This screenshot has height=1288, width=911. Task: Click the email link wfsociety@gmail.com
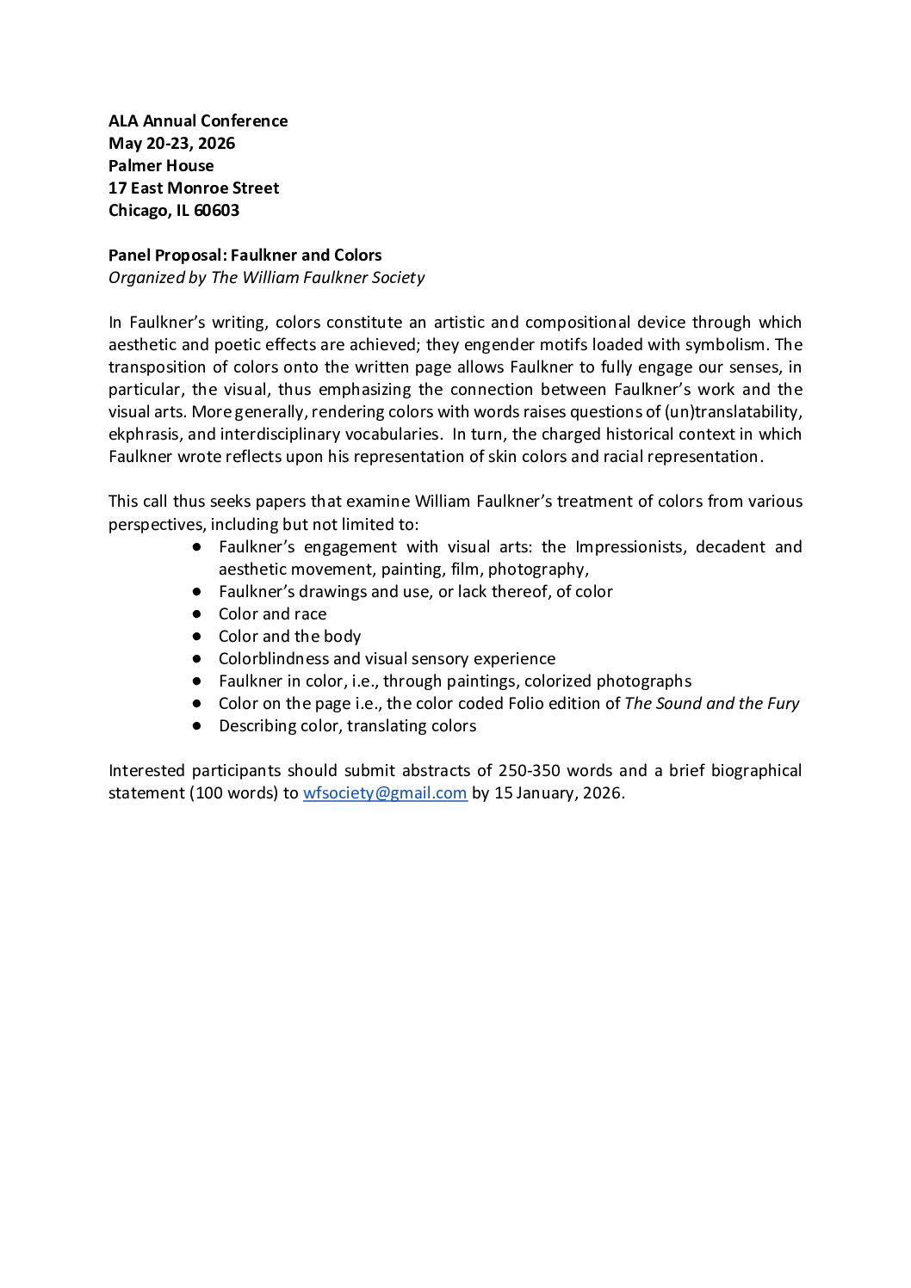pos(385,793)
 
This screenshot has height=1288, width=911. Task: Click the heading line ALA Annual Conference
pos(198,121)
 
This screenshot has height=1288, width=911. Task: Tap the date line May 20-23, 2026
pos(171,144)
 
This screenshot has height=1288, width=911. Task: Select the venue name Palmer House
pos(161,166)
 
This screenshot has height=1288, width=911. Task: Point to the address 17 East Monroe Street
pos(194,188)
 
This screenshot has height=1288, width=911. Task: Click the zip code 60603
pos(216,211)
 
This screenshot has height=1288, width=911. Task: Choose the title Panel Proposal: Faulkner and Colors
pos(245,256)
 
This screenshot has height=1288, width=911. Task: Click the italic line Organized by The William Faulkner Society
pos(266,278)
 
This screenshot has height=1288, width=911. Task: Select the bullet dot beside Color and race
pos(197,614)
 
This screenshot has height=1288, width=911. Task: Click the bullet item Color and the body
pos(289,637)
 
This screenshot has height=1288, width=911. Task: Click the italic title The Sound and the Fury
pos(711,704)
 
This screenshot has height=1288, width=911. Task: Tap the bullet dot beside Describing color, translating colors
pos(197,726)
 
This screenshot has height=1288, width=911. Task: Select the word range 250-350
pos(529,771)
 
